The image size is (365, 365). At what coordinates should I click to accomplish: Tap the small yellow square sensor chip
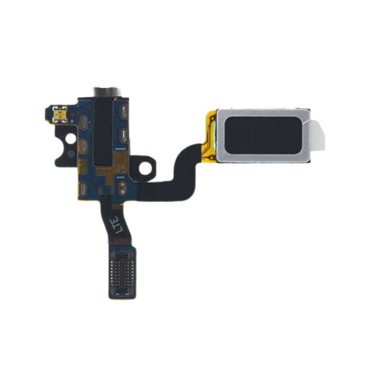coord(60,114)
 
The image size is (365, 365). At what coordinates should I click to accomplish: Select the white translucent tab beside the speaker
coord(318,136)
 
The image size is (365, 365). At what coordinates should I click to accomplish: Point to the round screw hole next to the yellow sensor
coord(70,138)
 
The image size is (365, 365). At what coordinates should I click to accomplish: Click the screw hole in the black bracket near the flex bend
coord(145,167)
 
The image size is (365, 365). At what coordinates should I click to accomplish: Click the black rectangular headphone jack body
coord(103,130)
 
